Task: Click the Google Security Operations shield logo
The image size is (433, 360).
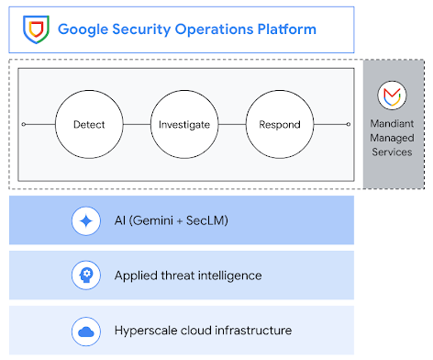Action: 36,28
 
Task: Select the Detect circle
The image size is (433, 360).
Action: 89,124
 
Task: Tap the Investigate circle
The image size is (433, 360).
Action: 183,124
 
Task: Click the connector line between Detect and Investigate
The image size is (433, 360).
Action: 137,124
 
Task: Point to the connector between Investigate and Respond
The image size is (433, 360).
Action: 231,124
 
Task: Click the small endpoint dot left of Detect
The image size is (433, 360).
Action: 24,124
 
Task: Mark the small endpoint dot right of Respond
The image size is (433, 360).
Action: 348,124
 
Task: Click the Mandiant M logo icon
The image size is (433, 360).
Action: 394,96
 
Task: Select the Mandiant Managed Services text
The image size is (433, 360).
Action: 394,135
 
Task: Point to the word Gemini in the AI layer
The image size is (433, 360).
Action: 156,220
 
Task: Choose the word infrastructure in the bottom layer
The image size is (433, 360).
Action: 254,330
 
